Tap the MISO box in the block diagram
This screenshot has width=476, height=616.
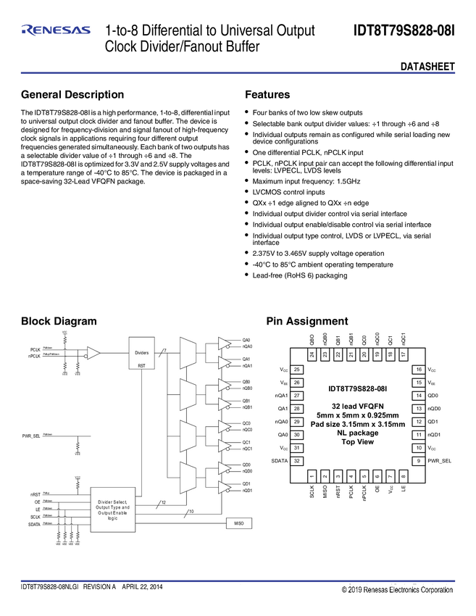tap(238, 522)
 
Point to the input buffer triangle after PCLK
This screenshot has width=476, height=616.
tap(93, 354)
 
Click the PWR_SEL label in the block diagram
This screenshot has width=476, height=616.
tap(32, 436)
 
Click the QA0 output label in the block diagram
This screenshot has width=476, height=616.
tap(246, 340)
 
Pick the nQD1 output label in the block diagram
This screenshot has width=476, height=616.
tap(246, 491)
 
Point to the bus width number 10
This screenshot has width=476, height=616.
tap(191, 512)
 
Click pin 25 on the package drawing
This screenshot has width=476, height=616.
tap(297, 370)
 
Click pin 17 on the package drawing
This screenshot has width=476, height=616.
tap(403, 354)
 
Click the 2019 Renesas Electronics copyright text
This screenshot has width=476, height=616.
tap(398, 590)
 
